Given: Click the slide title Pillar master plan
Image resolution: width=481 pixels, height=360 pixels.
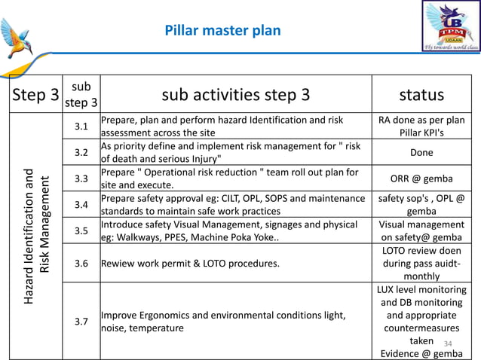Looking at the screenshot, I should click(222, 31).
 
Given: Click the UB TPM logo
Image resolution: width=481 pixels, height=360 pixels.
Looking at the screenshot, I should click(450, 26).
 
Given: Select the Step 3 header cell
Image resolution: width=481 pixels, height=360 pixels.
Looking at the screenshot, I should click(35, 95).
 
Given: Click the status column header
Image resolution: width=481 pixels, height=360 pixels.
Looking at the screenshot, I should click(421, 95).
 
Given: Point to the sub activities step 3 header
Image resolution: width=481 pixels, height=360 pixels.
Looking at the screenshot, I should click(235, 95).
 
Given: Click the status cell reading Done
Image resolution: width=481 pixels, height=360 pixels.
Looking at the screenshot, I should click(421, 152).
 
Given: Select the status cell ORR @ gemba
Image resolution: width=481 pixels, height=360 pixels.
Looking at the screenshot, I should click(421, 178).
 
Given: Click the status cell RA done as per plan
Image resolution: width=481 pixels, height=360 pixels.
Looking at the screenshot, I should click(421, 126).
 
